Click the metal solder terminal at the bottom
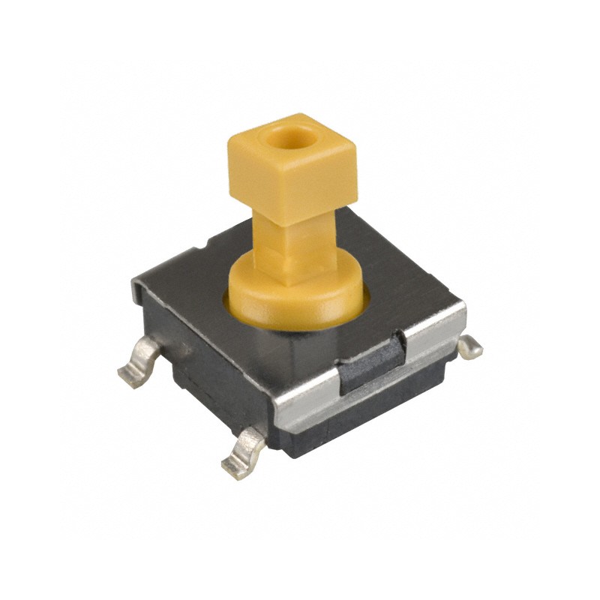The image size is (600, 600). point(244,454)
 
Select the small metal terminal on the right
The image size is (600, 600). point(470,347)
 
